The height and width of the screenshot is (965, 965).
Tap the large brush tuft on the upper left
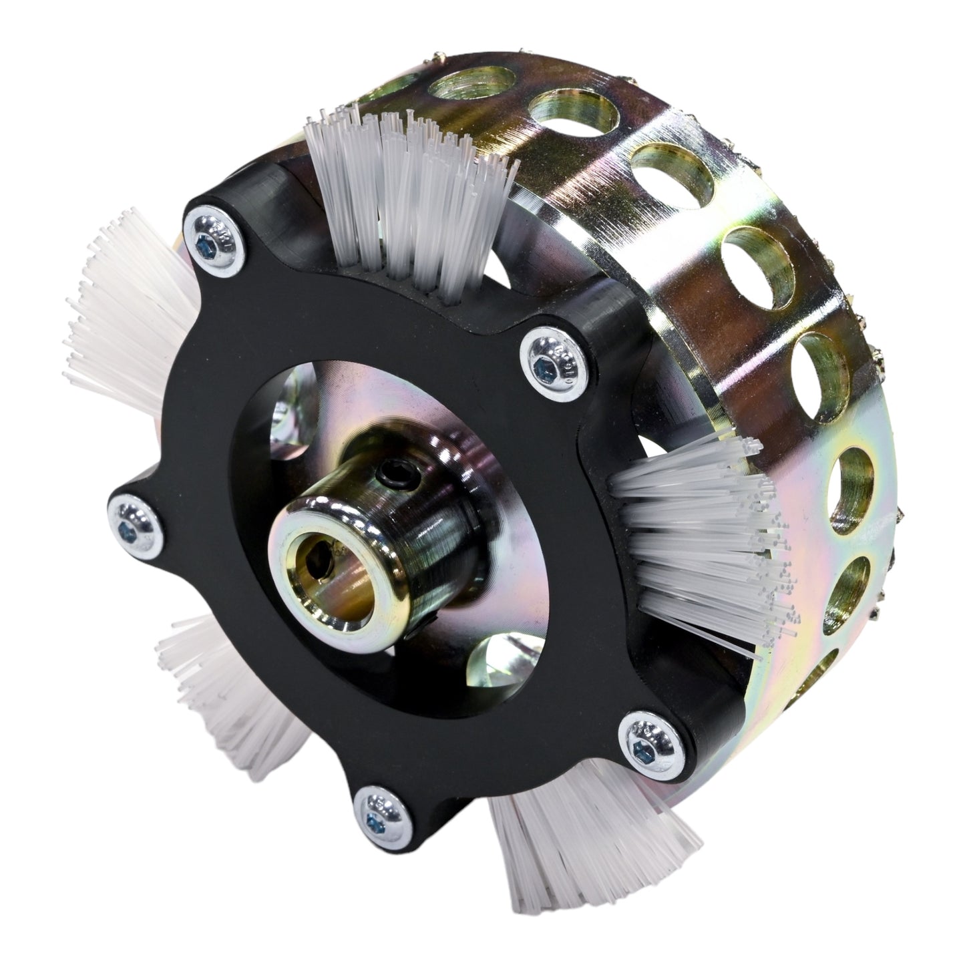point(127,321)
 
